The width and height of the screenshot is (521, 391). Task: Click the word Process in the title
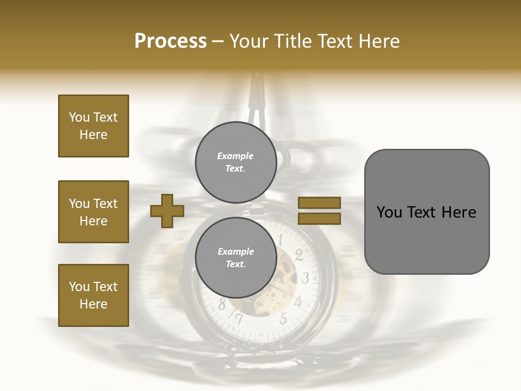(170, 41)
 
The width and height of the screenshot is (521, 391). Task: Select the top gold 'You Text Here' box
(93, 126)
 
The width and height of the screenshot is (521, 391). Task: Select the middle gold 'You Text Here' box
(93, 212)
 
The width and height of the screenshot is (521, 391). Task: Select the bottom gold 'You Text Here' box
(93, 295)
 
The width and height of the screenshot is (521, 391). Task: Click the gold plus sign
(167, 211)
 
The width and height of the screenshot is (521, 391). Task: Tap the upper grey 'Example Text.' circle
(236, 162)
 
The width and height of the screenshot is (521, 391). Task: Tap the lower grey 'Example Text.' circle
(236, 258)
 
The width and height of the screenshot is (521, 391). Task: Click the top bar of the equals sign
(320, 203)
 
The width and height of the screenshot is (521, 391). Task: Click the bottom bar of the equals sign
(320, 218)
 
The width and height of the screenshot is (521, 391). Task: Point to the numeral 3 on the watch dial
(306, 279)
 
